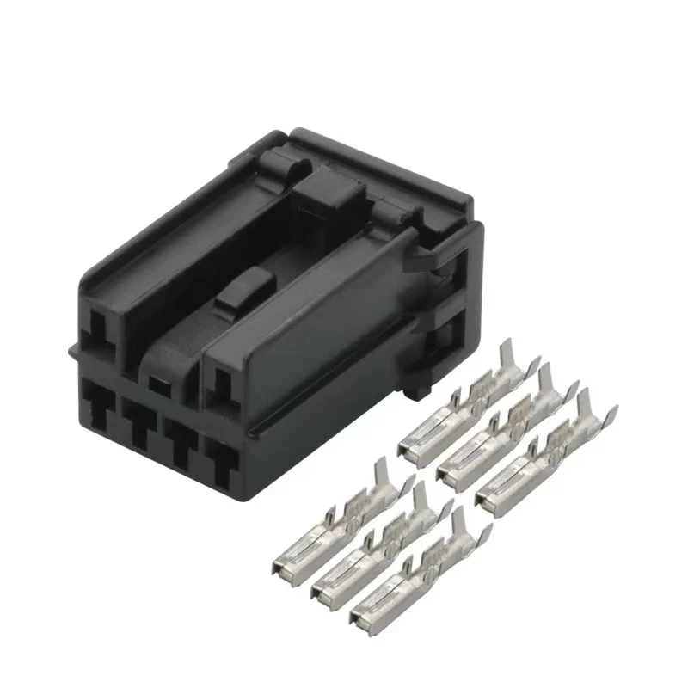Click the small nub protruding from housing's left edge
[x=71, y=350]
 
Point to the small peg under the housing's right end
[x=418, y=390]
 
